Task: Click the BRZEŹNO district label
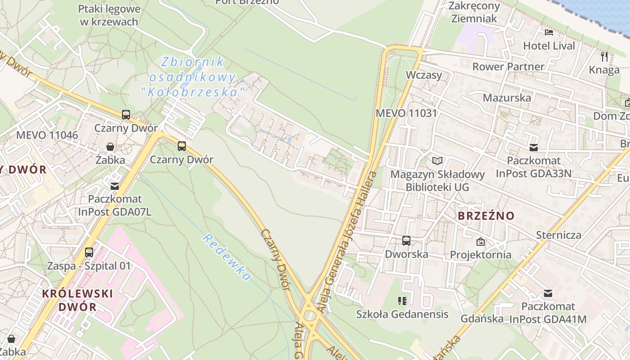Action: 486,216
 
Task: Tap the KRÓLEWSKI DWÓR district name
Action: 77,300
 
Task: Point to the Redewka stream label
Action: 226,257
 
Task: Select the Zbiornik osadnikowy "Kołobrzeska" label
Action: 193,77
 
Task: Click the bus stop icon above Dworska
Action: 406,241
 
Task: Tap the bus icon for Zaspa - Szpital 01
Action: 89,252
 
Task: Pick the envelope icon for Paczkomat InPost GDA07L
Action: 115,186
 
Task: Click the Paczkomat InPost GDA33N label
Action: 534,167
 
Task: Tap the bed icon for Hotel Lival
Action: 549,32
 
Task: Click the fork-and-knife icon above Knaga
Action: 604,57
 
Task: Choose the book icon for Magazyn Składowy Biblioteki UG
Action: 437,161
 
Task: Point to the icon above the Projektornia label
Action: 481,242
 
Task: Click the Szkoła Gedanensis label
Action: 402,314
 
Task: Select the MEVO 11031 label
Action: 406,113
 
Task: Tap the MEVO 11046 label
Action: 47,135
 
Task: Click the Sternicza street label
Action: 558,235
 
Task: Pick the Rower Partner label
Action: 508,67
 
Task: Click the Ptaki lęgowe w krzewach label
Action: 109,15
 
